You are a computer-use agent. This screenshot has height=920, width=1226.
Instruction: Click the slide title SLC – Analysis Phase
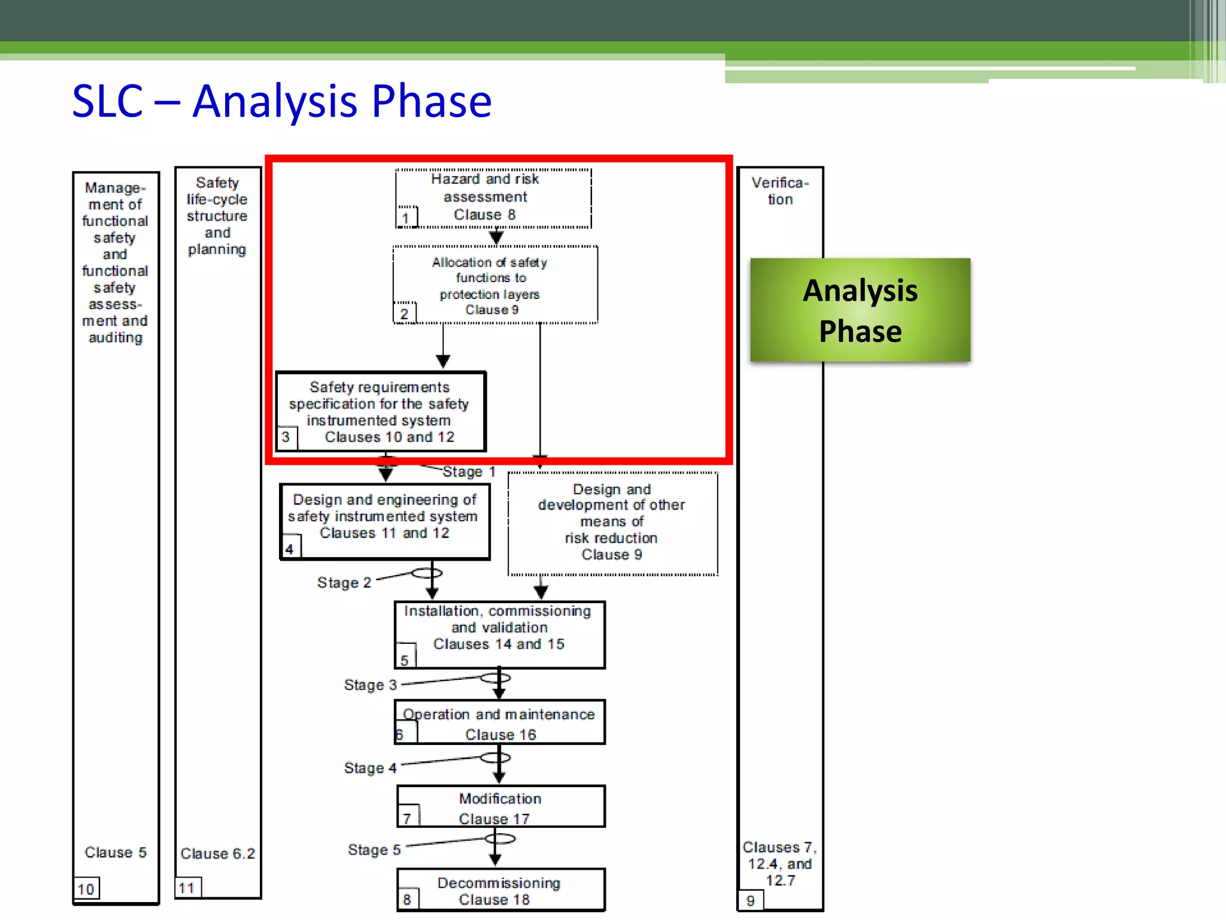click(x=281, y=101)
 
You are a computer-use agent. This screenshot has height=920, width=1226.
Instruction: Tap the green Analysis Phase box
click(x=860, y=310)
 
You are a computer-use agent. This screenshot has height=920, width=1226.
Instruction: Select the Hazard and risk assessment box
click(x=493, y=198)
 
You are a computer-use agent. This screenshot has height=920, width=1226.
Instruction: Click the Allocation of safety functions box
click(x=494, y=285)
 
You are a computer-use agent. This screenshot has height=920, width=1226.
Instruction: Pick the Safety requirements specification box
click(x=381, y=412)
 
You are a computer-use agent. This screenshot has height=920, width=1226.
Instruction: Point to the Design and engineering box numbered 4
click(x=384, y=522)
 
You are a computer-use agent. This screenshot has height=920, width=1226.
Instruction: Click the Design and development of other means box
click(x=612, y=522)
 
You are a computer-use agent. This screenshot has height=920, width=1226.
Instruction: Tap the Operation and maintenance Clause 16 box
click(x=499, y=722)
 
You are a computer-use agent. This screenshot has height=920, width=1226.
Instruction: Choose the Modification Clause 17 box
click(x=500, y=807)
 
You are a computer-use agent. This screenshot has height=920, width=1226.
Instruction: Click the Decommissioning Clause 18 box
click(x=500, y=891)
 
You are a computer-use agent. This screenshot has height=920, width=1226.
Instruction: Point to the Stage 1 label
click(x=469, y=472)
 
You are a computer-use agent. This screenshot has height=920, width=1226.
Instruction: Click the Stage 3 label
click(x=370, y=685)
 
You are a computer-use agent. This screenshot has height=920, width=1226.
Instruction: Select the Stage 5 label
click(x=374, y=850)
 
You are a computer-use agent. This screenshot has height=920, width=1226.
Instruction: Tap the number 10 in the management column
click(x=86, y=889)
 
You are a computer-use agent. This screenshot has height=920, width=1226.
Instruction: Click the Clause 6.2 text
click(x=217, y=854)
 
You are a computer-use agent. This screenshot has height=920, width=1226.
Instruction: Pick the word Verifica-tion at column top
click(x=779, y=191)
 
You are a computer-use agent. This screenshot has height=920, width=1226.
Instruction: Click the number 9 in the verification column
click(x=750, y=901)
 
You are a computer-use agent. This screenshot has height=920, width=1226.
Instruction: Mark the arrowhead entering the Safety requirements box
click(x=443, y=361)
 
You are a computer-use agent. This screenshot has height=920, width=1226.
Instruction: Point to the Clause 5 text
click(x=115, y=852)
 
